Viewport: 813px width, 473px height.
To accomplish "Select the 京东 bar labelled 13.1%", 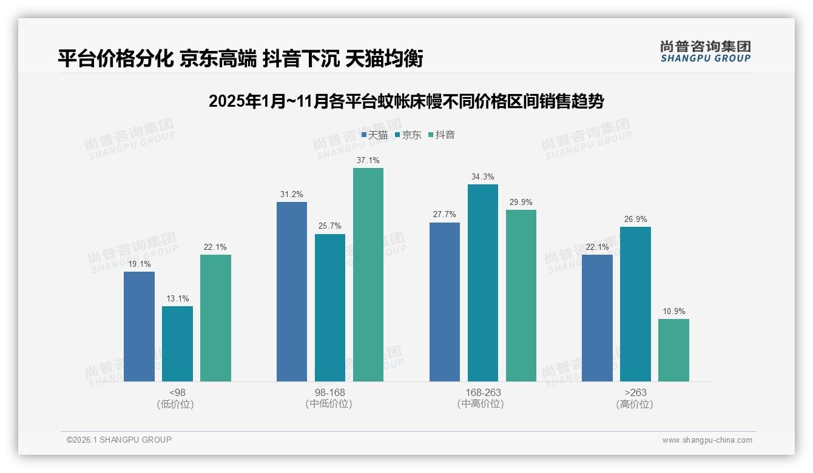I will point(177,344).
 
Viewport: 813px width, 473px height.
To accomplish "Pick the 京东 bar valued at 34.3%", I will point(483,283).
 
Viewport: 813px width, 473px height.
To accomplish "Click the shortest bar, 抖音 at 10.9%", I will point(673,350).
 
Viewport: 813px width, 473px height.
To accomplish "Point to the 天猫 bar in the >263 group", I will point(597,318).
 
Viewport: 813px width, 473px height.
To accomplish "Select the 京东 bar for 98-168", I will point(330,307).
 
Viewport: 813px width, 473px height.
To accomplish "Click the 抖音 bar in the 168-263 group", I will point(521,295).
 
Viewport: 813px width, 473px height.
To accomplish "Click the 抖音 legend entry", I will point(442,135).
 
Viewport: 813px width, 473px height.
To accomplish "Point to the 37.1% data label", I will point(368,161).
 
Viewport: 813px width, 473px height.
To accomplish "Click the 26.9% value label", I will point(635,220).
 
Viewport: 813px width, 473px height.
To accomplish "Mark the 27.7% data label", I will point(445,215).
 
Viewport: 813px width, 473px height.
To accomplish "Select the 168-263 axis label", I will point(483,392).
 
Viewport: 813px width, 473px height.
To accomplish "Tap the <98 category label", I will point(178,392).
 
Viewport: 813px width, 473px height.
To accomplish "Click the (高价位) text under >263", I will point(635,404).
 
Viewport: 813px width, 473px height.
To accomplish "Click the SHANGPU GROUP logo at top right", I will point(705,52).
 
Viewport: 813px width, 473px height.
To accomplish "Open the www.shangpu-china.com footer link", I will point(707,440).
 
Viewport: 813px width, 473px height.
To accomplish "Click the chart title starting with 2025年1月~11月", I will point(406,101).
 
